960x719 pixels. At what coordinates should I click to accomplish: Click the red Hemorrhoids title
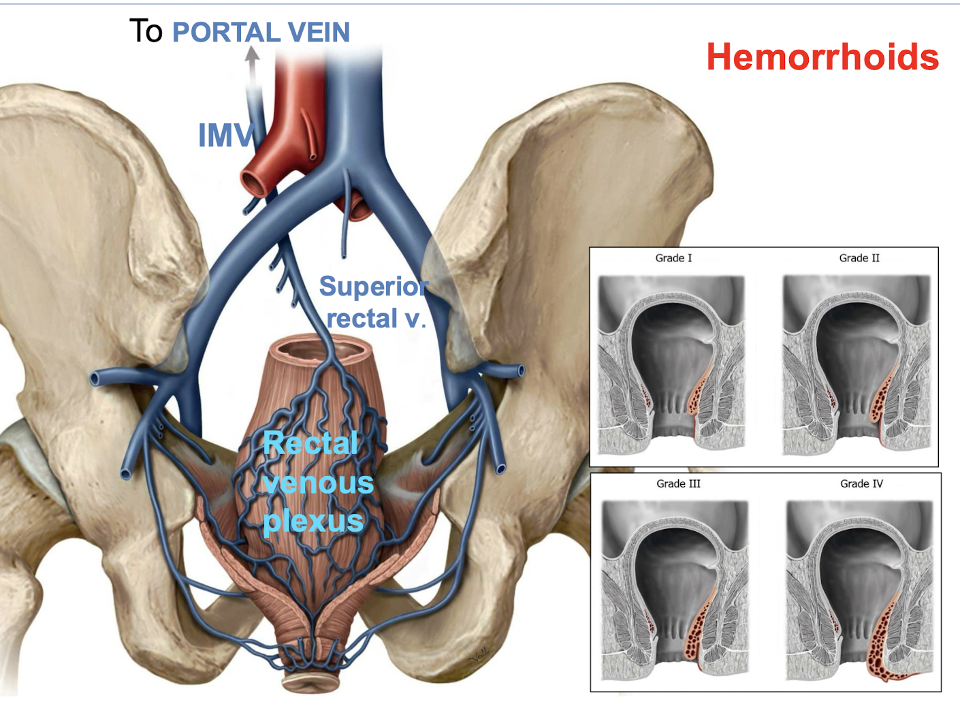pos(822,57)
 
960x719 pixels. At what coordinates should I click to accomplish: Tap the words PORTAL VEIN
pos(261,33)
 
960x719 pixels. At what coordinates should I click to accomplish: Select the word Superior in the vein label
pos(373,287)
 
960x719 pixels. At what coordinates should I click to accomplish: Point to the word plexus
pos(313,522)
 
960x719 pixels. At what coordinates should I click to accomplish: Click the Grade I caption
pos(673,258)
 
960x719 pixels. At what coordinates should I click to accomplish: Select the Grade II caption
pos(859,258)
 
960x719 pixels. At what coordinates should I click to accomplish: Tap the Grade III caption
pos(678,483)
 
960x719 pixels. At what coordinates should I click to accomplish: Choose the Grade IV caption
pos(861,483)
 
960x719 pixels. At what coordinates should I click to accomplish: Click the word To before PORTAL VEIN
pos(146,31)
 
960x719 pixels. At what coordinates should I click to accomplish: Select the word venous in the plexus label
pos(318,483)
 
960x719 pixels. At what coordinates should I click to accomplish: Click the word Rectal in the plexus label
pos(310,444)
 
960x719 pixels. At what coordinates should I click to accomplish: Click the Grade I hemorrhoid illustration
pos(671,364)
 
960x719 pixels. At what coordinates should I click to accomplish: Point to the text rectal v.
pos(376,319)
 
